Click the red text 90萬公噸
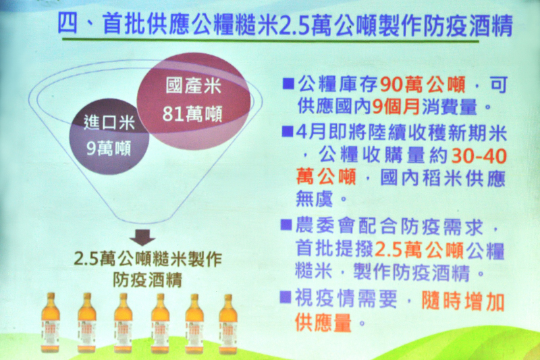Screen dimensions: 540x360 click(x=423, y=84)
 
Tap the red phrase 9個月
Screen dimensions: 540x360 click(x=396, y=107)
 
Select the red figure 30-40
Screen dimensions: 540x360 click(x=479, y=156)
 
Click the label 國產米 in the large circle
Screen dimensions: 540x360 click(x=193, y=85)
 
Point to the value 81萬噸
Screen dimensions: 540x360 click(x=192, y=114)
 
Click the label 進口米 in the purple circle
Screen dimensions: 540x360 click(x=109, y=123)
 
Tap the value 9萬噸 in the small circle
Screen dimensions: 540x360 click(x=109, y=149)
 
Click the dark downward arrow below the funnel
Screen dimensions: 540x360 click(x=142, y=237)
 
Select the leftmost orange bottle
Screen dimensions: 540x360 click(x=50, y=322)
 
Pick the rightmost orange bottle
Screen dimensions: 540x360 click(x=228, y=324)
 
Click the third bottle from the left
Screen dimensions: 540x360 click(x=124, y=323)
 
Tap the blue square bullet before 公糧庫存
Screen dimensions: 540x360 click(x=288, y=84)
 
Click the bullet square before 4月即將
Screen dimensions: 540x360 click(x=288, y=131)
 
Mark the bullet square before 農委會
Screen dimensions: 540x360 click(x=286, y=225)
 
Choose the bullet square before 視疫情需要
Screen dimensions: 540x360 click(x=286, y=297)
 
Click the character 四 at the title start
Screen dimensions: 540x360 click(x=68, y=24)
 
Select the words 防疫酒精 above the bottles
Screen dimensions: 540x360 click(x=147, y=280)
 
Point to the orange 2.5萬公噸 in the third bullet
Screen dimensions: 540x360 click(x=419, y=250)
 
